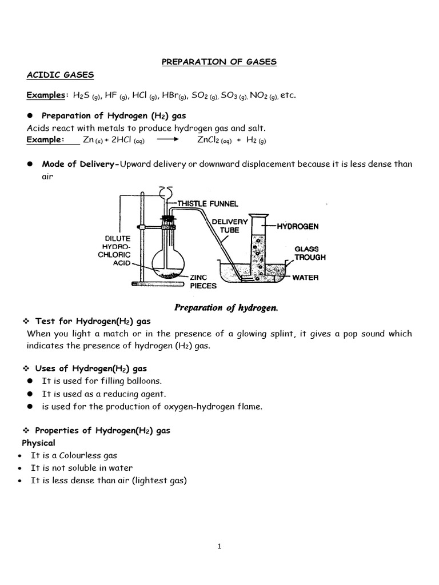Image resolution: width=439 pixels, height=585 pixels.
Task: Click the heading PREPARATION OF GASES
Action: [x=219, y=62]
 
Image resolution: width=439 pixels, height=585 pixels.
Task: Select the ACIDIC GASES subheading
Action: [x=61, y=75]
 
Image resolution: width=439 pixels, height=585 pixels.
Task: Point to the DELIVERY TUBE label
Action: [x=229, y=226]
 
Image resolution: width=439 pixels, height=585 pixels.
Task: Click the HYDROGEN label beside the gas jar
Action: [x=298, y=227]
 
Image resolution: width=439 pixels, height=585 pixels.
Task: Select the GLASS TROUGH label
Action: [x=310, y=254]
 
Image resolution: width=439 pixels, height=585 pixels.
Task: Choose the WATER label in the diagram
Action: [x=305, y=278]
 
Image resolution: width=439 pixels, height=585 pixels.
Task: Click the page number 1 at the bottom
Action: [x=219, y=546]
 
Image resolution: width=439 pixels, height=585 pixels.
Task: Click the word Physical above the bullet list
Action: [x=38, y=443]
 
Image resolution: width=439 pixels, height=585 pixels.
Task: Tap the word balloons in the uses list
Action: [x=145, y=380]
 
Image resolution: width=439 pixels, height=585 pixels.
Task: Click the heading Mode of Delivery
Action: [x=80, y=165]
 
